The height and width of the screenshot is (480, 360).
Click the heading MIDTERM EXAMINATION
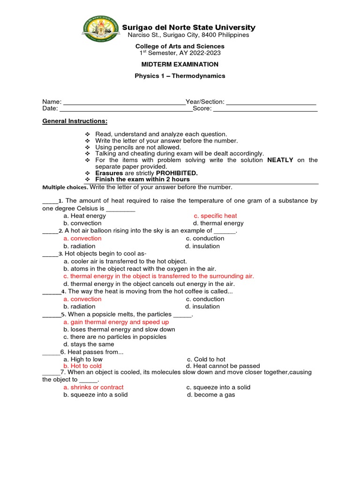[180, 64]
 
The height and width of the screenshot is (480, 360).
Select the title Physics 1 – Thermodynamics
[180, 75]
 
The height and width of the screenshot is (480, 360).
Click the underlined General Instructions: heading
[75, 121]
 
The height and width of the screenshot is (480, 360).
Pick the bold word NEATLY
[280, 160]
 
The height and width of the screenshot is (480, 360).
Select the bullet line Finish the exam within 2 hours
[142, 180]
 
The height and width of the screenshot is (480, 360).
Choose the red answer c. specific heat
[216, 216]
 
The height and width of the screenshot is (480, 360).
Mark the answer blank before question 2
[49, 231]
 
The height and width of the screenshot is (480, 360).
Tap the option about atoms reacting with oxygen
[140, 269]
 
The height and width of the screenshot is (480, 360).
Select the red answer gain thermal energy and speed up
[116, 322]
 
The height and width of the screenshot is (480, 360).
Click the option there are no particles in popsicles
[115, 337]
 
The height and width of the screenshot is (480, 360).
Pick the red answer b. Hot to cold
[82, 366]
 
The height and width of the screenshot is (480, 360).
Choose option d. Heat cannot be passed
[223, 366]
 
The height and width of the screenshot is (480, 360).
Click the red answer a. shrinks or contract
[94, 388]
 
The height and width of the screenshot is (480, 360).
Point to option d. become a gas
[211, 395]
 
